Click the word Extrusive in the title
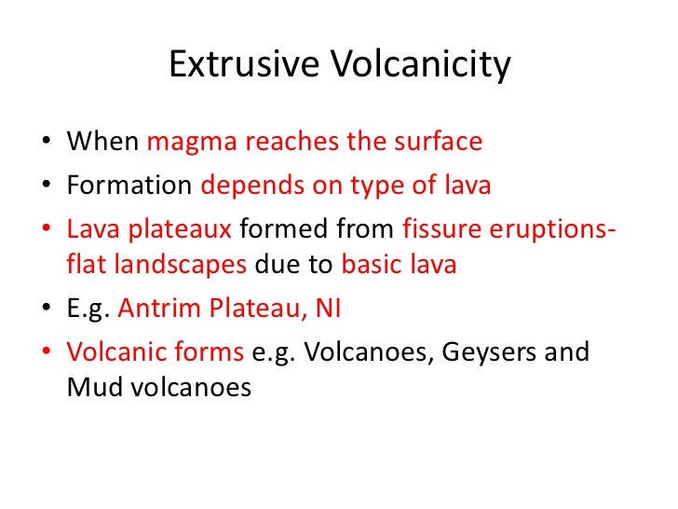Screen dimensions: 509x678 click(x=243, y=66)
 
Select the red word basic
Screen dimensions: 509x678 click(x=369, y=264)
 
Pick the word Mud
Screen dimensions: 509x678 click(x=87, y=387)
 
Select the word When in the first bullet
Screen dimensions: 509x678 click(x=102, y=143)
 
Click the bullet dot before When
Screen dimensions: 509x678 click(x=47, y=144)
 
